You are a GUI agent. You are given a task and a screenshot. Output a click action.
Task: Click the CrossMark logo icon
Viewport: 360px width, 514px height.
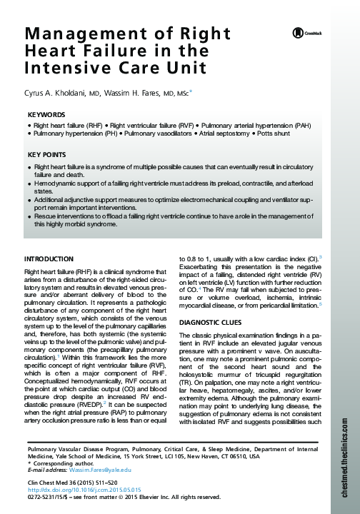[294, 33]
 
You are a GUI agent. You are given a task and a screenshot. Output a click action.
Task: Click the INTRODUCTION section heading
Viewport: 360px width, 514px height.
[49, 258]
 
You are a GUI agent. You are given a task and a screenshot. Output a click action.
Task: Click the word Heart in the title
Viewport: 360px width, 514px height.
[52, 51]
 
